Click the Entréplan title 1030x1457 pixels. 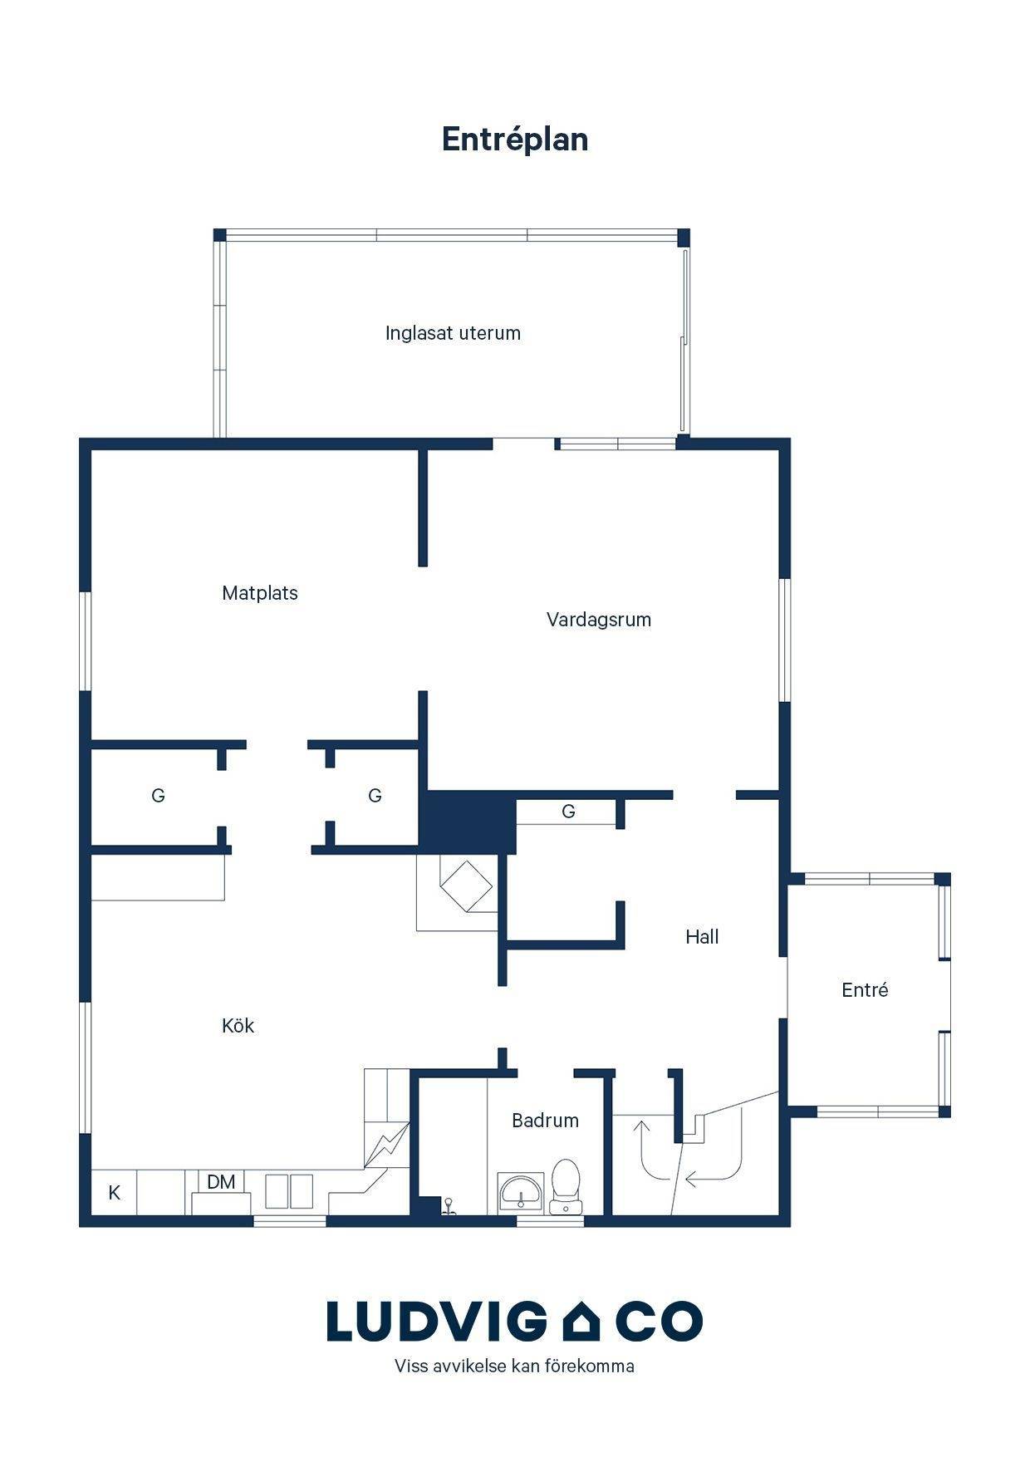pyautogui.click(x=515, y=140)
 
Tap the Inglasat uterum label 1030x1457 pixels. pyautogui.click(x=453, y=333)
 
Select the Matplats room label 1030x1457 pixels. pyautogui.click(x=260, y=593)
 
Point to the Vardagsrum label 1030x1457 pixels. pyautogui.click(x=599, y=620)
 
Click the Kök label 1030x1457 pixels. pyautogui.click(x=238, y=1026)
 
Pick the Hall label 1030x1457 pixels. pyautogui.click(x=702, y=937)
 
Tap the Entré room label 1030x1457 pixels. pyautogui.click(x=865, y=989)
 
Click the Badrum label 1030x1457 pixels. pyautogui.click(x=545, y=1121)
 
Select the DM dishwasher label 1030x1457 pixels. pyautogui.click(x=221, y=1182)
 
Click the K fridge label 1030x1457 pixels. pyautogui.click(x=115, y=1193)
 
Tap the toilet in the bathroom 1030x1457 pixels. pyautogui.click(x=566, y=1186)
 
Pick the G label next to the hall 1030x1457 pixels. pyautogui.click(x=568, y=812)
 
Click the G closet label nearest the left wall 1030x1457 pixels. pyautogui.click(x=158, y=796)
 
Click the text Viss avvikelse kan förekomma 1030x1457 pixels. pyautogui.click(x=514, y=1366)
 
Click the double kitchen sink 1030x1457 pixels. pyautogui.click(x=289, y=1191)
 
